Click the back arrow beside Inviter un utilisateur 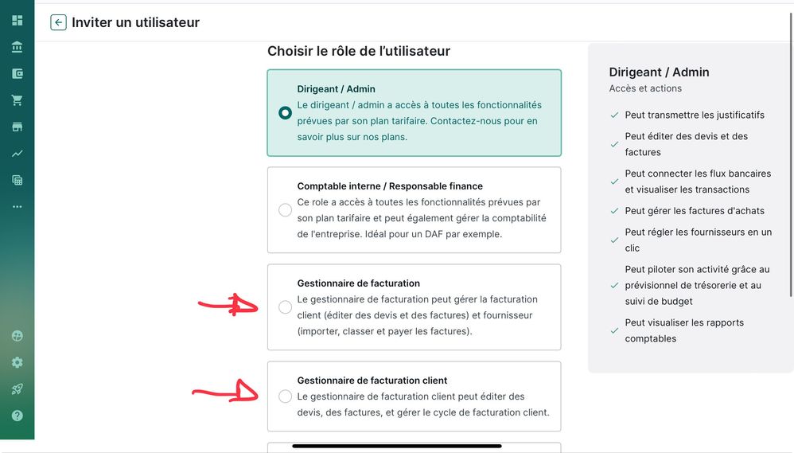(58, 22)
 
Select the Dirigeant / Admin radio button (285, 112)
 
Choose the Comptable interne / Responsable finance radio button (285, 209)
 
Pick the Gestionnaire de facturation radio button (285, 307)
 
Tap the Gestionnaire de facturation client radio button (285, 396)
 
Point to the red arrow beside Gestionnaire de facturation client (225, 392)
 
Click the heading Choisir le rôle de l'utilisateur (359, 51)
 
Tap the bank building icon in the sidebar (18, 47)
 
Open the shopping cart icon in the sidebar (18, 100)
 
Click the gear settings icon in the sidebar (18, 362)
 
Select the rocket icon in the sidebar (18, 389)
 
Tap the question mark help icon (18, 416)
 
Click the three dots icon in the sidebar (18, 207)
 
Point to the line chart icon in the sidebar (18, 154)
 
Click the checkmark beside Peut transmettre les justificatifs (614, 115)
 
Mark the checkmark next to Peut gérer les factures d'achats (614, 211)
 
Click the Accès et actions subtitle (645, 88)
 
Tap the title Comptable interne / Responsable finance (390, 186)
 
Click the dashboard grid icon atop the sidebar (18, 20)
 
